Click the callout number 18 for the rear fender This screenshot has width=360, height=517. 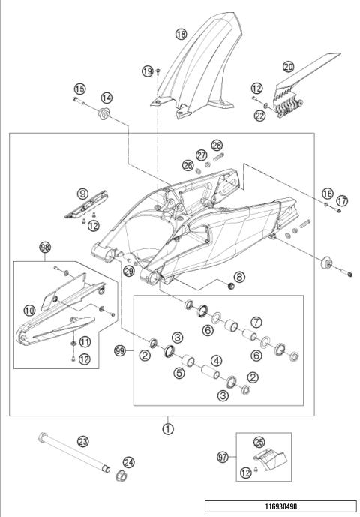(x=181, y=34)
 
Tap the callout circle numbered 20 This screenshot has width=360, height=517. (x=289, y=67)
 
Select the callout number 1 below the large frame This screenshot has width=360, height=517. (x=168, y=429)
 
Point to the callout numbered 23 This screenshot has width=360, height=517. (x=82, y=441)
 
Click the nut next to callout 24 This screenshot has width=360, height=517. (x=121, y=476)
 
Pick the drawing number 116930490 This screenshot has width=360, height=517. (x=281, y=506)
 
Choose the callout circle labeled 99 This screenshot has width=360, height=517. (x=120, y=351)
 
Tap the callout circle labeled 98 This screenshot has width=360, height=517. (x=45, y=247)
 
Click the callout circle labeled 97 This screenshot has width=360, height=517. (x=223, y=457)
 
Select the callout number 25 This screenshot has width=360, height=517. (x=259, y=442)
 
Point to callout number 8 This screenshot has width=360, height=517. (x=239, y=277)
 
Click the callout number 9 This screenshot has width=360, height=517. (x=82, y=193)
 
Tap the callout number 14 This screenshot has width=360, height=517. (x=106, y=98)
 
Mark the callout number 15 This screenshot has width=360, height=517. (x=79, y=89)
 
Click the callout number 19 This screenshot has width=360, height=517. (x=148, y=71)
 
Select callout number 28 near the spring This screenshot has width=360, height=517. (x=217, y=145)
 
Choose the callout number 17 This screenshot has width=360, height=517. (x=342, y=200)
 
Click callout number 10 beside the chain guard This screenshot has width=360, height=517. (x=29, y=310)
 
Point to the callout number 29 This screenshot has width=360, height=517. (x=129, y=271)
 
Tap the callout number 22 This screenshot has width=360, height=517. (x=259, y=116)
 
